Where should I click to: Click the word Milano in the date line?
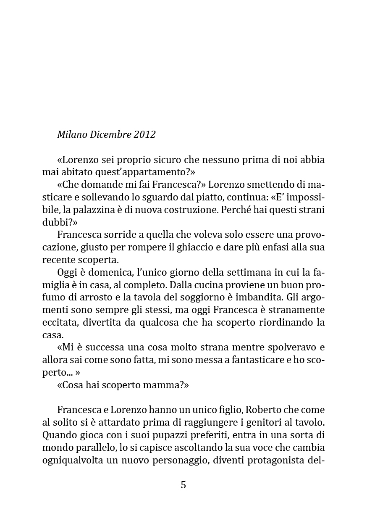(72, 134)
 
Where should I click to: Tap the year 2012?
(145, 134)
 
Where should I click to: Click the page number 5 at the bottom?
(183, 485)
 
